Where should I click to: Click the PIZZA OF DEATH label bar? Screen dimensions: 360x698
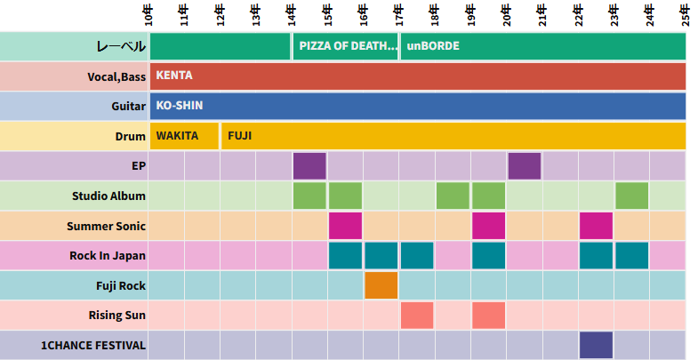tap(345, 45)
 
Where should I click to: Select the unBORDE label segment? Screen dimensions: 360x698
tap(542, 45)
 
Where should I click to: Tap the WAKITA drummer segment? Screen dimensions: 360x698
tap(184, 136)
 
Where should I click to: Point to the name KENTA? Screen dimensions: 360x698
tap(174, 76)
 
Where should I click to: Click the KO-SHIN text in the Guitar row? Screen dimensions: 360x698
tap(180, 106)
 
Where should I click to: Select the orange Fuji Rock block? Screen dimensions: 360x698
tap(381, 285)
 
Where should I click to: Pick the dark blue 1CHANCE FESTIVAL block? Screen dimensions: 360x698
tap(596, 345)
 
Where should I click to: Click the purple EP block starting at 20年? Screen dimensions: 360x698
tap(525, 166)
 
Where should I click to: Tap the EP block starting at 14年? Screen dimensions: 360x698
tap(309, 166)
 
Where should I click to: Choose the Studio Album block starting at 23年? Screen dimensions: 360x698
tap(631, 196)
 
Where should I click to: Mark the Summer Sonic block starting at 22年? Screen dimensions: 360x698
tap(596, 226)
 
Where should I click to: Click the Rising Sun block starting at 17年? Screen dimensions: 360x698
tap(417, 316)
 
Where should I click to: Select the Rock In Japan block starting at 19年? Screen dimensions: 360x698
tap(488, 256)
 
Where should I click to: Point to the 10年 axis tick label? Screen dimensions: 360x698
tap(148, 15)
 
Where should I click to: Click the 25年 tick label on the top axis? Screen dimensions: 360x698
tap(686, 15)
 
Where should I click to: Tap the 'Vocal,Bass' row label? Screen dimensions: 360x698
tap(116, 76)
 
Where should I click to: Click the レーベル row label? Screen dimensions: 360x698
tap(120, 46)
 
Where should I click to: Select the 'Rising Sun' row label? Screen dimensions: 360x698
tap(116, 316)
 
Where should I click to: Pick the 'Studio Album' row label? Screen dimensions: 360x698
tap(108, 196)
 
